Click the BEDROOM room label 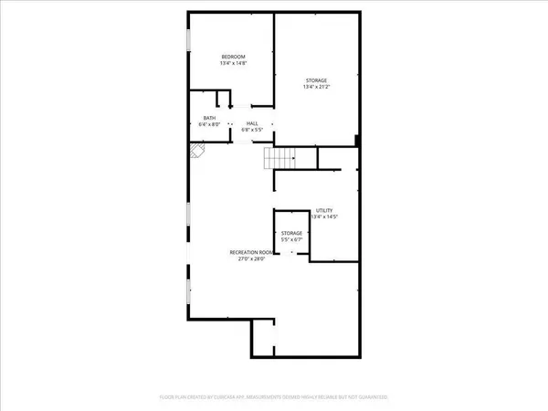(x=233, y=57)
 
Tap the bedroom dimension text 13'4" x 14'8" (x=233, y=64)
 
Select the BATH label (x=209, y=118)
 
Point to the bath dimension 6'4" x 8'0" (x=209, y=125)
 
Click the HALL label (x=250, y=123)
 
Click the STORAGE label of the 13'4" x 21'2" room (x=316, y=80)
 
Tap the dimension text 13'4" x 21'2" (x=316, y=88)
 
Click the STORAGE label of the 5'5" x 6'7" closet (x=291, y=233)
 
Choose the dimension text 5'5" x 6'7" (x=291, y=240)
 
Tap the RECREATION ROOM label (x=252, y=251)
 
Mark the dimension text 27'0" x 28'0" (x=252, y=258)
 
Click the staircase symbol (x=281, y=159)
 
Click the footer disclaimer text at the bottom (x=274, y=398)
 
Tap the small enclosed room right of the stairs (x=335, y=159)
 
